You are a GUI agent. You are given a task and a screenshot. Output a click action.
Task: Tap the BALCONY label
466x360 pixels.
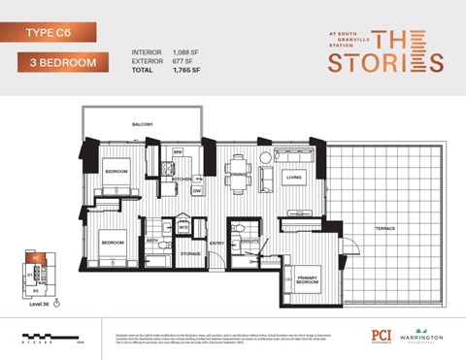(144, 125)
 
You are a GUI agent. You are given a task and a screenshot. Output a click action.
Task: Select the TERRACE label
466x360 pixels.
(385, 228)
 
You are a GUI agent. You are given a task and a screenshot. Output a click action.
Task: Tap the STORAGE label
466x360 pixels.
(190, 255)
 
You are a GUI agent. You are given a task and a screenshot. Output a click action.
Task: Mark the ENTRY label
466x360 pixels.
(217, 244)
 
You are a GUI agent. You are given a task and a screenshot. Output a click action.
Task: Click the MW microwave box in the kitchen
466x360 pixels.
(179, 152)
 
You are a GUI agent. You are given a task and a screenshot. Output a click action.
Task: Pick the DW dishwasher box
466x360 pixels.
(197, 191)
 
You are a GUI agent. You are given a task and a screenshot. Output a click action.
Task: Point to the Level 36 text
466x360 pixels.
(36, 305)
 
